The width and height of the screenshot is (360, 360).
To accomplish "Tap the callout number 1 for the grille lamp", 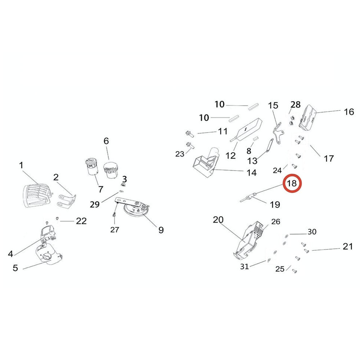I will pos(21,165).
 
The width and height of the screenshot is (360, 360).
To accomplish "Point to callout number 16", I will pos(349,112).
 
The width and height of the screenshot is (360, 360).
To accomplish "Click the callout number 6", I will pos(106,141).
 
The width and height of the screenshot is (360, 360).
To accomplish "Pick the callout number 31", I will pos(244,266).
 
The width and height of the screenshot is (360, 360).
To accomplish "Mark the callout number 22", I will pos(81,221).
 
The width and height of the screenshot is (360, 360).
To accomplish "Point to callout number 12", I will pos(231,155).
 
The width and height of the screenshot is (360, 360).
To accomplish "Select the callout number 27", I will pos(114,229).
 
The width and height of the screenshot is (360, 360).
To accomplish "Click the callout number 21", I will pos(347,247).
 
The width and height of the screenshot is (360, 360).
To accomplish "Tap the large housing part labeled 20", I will pos(250,239).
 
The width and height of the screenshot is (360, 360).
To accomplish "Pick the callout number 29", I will pos(94,204).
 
